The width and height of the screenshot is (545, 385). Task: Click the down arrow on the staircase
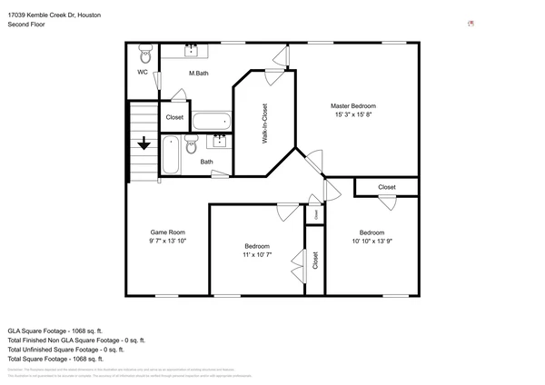pyautogui.click(x=144, y=143)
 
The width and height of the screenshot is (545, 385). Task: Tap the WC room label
pyautogui.click(x=143, y=73)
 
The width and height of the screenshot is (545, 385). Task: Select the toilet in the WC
pyautogui.click(x=144, y=53)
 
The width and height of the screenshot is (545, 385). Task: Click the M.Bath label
pyautogui.click(x=200, y=73)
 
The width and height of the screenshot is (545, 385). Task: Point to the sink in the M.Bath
pyautogui.click(x=193, y=49)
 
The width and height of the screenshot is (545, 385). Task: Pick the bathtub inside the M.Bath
pyautogui.click(x=212, y=122)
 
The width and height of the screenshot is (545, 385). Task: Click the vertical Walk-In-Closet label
pyautogui.click(x=264, y=123)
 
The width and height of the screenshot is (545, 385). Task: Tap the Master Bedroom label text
pyautogui.click(x=352, y=105)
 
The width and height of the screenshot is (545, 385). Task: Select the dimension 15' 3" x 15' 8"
pyautogui.click(x=352, y=114)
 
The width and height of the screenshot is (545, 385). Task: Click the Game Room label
pyautogui.click(x=167, y=232)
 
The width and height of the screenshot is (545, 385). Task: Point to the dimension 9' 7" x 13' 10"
pyautogui.click(x=167, y=242)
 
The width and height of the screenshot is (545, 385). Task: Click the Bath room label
pyautogui.click(x=207, y=163)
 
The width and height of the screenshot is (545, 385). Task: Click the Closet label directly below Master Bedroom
pyautogui.click(x=387, y=187)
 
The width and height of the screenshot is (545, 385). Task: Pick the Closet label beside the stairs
pyautogui.click(x=174, y=117)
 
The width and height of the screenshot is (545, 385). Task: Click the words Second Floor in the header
pyautogui.click(x=26, y=25)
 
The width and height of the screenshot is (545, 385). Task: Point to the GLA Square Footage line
pyautogui.click(x=55, y=331)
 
